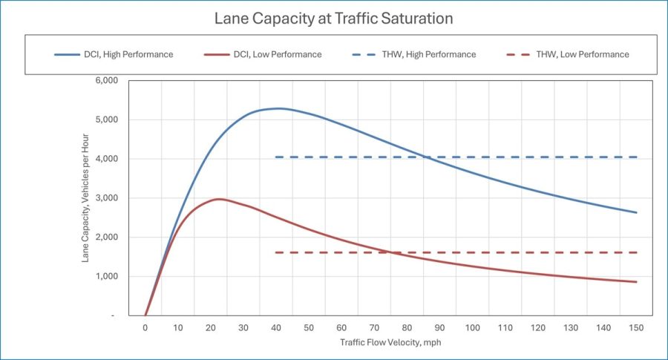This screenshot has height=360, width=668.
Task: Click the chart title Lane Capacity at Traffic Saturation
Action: point(333,18)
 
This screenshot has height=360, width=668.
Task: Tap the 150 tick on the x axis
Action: point(636,328)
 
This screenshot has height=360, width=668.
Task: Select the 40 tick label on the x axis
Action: point(276,328)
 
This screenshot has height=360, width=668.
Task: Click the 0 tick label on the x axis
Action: point(145,328)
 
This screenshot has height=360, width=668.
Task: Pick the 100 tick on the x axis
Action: point(473,328)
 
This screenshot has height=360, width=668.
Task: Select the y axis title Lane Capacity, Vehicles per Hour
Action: point(88,197)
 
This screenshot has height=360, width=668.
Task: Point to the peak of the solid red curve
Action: point(219,199)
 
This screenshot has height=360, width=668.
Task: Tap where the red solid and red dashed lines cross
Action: point(389,252)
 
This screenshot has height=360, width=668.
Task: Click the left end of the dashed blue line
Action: point(276,157)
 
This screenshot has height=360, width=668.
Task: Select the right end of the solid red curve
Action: point(636,282)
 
